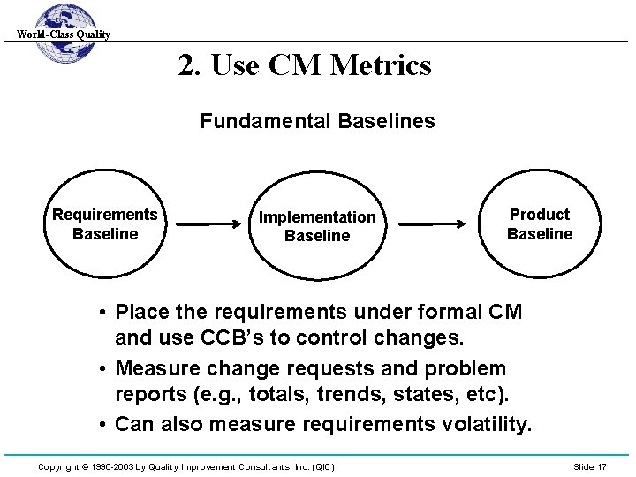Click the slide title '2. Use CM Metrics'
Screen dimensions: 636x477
point(305,65)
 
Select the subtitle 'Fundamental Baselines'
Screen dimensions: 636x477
point(317,121)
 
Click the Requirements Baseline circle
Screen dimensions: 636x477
point(105,224)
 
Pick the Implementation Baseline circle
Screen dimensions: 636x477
point(316,226)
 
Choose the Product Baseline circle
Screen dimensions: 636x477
point(539,224)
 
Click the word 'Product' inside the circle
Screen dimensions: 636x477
point(540,215)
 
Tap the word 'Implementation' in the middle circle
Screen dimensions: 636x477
point(316,217)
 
